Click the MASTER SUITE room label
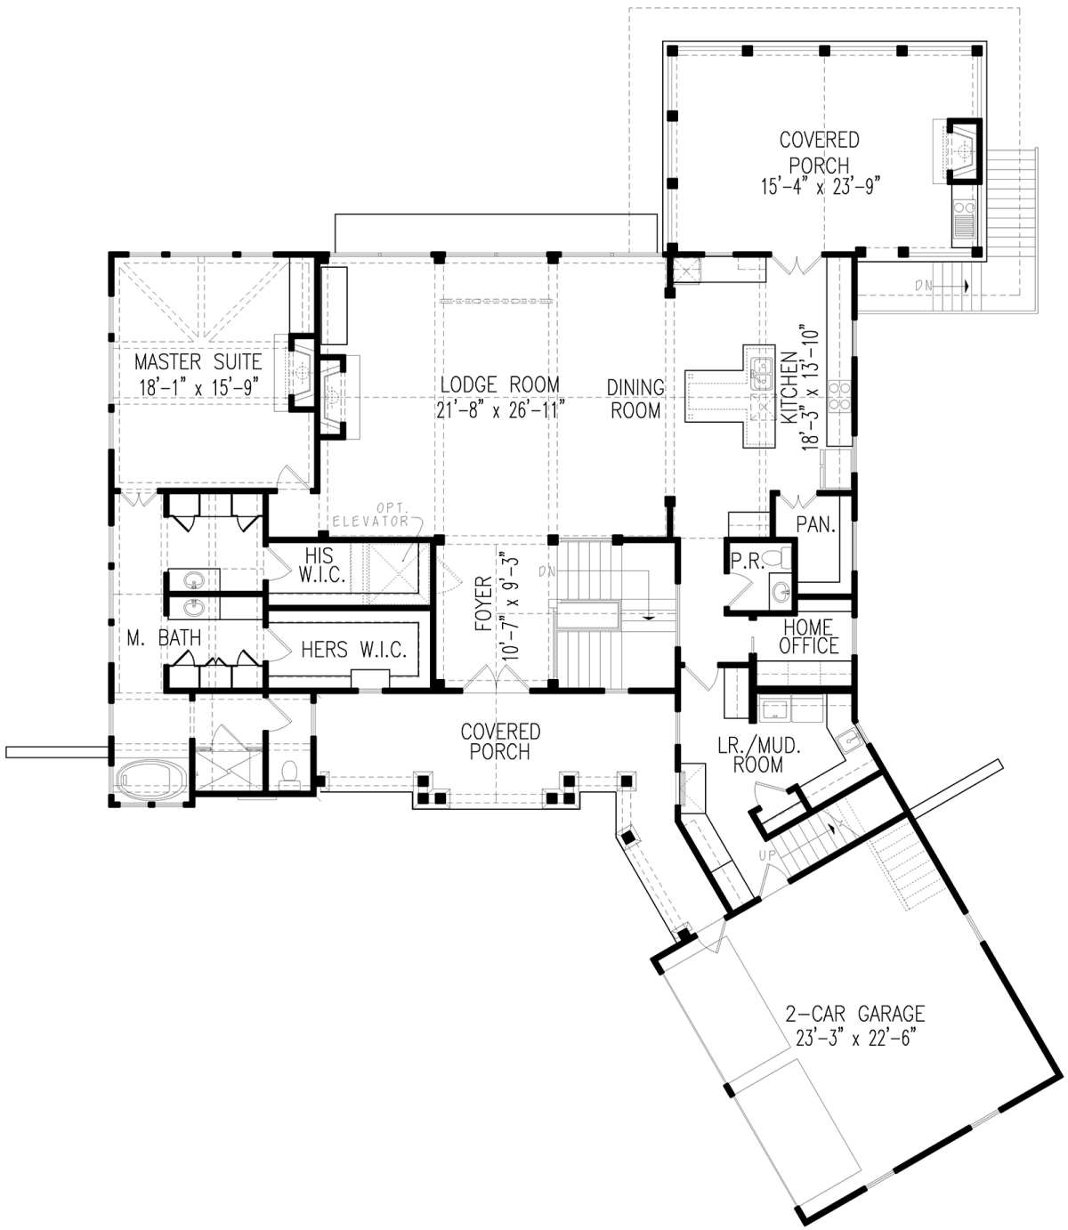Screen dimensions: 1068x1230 pos(198,362)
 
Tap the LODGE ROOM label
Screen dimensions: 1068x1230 pos(499,384)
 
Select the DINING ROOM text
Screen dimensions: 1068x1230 pos(635,399)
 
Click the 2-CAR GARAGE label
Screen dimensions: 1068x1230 pos(854,1014)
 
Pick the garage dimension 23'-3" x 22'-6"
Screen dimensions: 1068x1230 pos(854,1039)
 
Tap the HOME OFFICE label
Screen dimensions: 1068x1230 pos(808,636)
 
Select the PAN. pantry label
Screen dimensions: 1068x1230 pos(815,524)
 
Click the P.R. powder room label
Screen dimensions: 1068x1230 pos(747,562)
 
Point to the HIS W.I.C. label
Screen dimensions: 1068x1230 pos(321,564)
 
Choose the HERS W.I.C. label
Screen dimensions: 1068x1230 pos(353,650)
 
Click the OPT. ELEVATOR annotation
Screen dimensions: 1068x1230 pos(373,515)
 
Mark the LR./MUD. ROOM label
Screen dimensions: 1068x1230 pos(758,756)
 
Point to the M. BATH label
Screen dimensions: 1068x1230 pos(164,638)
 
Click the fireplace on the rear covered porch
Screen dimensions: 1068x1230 pos(959,150)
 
